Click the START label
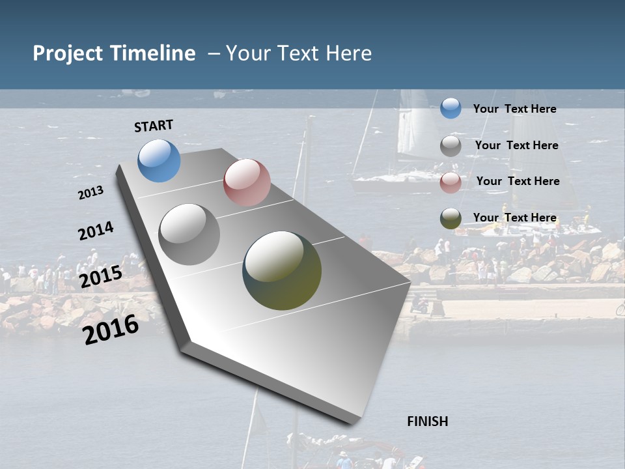(154, 126)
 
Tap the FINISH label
(427, 421)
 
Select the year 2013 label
(90, 193)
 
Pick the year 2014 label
(96, 231)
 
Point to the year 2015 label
(101, 277)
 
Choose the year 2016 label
(111, 329)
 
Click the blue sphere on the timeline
(159, 160)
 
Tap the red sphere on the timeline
(247, 182)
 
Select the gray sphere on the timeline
(189, 234)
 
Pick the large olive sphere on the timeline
(282, 270)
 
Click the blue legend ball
(451, 108)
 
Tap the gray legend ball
(451, 146)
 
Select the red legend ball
(451, 182)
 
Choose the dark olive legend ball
(451, 219)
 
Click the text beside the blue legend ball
(514, 109)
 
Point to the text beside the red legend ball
(518, 181)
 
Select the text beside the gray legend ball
(516, 145)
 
